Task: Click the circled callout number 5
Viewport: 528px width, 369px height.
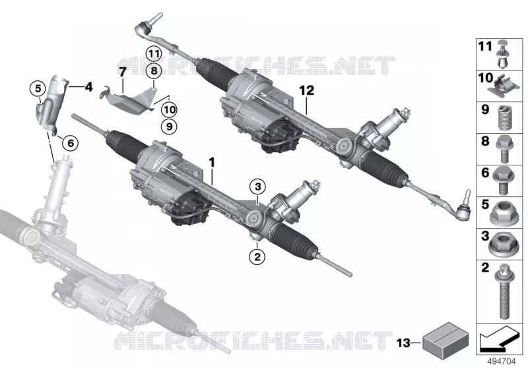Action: point(38,88)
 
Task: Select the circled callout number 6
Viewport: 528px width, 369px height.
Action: point(71,143)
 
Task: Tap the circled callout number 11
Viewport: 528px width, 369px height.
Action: point(154,53)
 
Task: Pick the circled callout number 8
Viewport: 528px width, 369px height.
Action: point(154,71)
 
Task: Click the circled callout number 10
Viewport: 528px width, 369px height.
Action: point(169,109)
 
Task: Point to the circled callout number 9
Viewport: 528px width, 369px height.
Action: point(169,127)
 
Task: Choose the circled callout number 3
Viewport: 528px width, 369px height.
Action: point(257,186)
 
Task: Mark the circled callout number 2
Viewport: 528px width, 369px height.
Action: point(257,257)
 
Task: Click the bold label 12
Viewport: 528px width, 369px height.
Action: point(306,90)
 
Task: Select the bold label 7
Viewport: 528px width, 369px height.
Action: point(122,72)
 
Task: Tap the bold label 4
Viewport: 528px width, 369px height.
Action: point(88,88)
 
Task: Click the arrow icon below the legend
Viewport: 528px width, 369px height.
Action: point(500,339)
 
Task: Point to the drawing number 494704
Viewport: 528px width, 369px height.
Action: point(502,362)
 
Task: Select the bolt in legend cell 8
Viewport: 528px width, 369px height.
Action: point(504,149)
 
